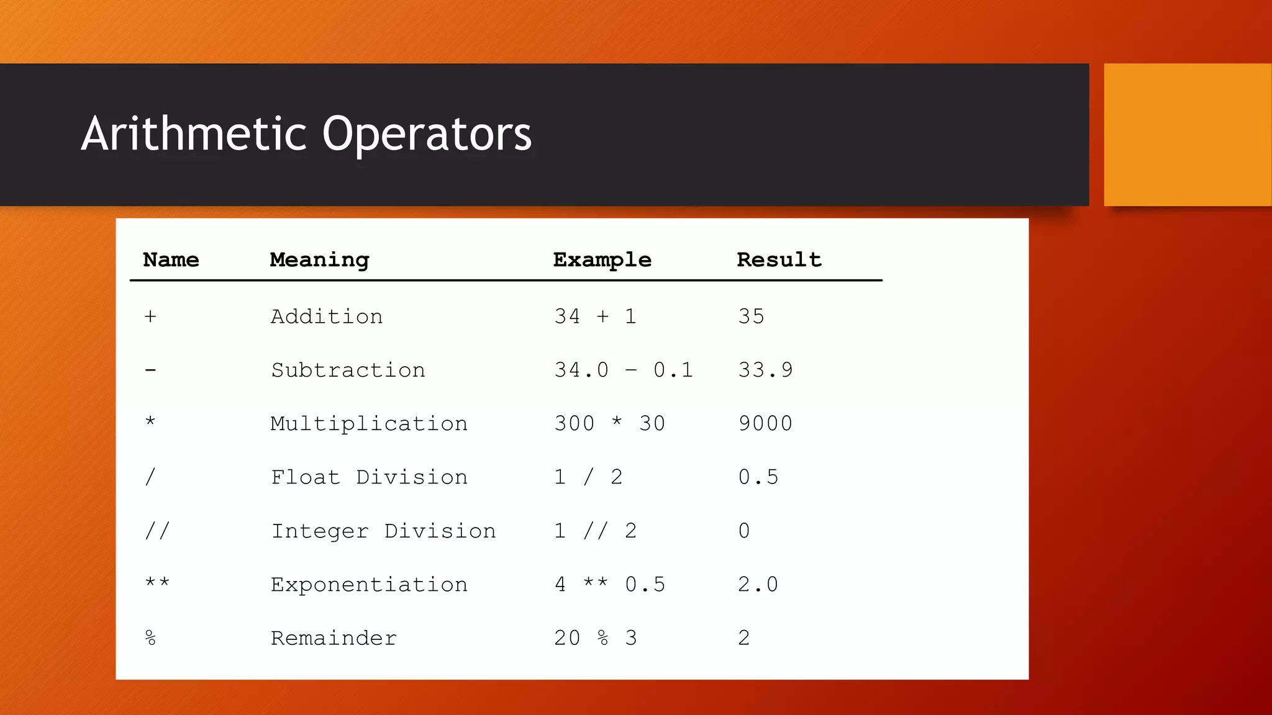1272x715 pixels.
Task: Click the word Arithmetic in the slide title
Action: [x=194, y=133]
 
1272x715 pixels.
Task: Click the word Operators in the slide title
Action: [x=427, y=135]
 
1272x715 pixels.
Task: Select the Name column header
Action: [x=171, y=259]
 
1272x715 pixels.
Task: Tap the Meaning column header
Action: [x=319, y=260]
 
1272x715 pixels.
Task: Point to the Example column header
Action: [x=602, y=260]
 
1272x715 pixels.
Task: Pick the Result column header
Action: [x=779, y=259]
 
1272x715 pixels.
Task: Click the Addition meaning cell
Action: [x=327, y=317]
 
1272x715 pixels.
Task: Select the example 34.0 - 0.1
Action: [x=623, y=371]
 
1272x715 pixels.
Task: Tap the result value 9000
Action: [x=765, y=424]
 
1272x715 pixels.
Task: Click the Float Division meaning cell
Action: [x=369, y=477]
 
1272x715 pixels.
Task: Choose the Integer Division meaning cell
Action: [x=383, y=531]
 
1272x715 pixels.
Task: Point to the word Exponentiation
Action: [x=369, y=585]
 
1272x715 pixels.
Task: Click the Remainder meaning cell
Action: [x=334, y=638]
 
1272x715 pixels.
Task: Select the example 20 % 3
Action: [x=595, y=638]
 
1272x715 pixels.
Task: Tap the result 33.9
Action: [x=765, y=371]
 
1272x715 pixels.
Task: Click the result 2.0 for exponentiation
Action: [x=758, y=585]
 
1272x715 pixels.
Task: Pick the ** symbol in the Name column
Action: [x=157, y=583]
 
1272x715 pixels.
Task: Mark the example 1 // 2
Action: [x=595, y=531]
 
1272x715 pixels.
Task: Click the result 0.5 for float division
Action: [x=758, y=477]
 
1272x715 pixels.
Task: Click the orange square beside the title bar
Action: [x=1187, y=135]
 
